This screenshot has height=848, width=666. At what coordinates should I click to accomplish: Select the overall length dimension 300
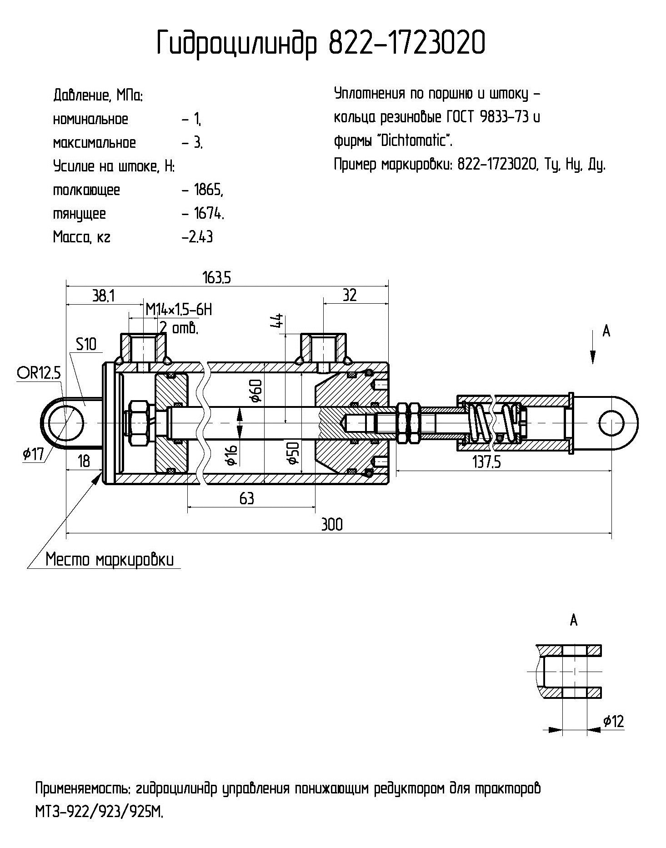[332, 524]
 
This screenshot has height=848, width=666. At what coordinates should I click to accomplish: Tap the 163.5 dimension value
[217, 277]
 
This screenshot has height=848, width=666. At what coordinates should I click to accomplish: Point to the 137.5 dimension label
[487, 462]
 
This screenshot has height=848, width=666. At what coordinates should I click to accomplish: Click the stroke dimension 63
[246, 498]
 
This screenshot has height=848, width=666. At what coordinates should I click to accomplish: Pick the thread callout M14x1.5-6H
[179, 310]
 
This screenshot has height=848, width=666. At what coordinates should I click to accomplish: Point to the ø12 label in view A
[614, 721]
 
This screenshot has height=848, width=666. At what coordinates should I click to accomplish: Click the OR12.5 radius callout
[39, 373]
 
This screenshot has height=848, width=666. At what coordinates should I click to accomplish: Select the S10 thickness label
[86, 344]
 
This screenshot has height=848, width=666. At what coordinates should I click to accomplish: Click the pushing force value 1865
[208, 190]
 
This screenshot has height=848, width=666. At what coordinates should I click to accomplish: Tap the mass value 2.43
[198, 237]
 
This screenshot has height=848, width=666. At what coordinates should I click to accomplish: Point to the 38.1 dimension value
[103, 296]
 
